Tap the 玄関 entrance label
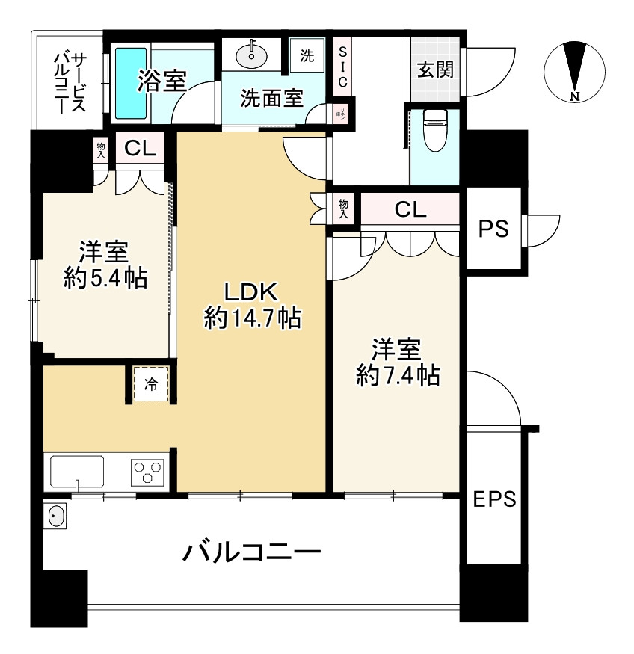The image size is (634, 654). click(434, 70)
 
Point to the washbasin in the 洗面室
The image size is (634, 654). click(251, 54)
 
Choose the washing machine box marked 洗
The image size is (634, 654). click(307, 55)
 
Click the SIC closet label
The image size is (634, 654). click(342, 67)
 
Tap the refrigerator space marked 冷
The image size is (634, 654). click(151, 386)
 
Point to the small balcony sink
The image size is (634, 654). click(56, 516)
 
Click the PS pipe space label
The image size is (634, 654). click(493, 229)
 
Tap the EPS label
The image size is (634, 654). click(494, 499)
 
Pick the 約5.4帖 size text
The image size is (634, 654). click(105, 278)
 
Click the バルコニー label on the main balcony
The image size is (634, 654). click(253, 553)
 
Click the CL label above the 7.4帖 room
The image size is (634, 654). click(410, 210)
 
